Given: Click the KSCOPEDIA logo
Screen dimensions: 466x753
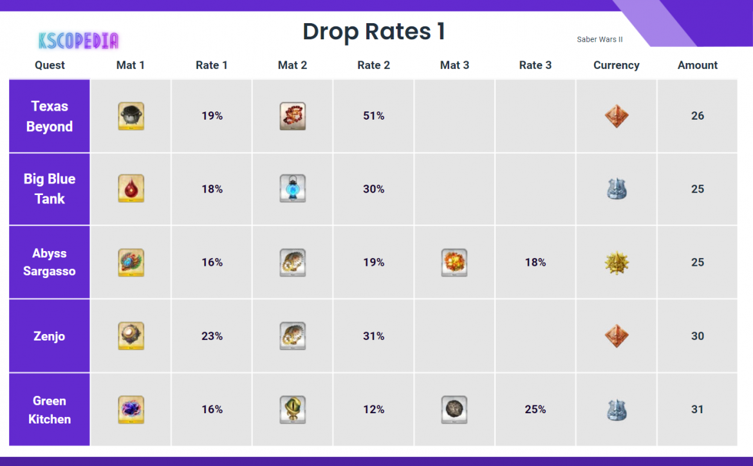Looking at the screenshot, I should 79,41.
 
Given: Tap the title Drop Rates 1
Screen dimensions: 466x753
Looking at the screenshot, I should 373,32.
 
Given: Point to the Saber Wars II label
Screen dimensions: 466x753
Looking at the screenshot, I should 599,40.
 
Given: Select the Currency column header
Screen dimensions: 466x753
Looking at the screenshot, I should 616,65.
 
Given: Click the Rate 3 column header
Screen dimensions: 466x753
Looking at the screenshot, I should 535,65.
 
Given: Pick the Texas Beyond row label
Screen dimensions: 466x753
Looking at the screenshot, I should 50,116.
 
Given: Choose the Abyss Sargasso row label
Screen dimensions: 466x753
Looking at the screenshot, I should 50,262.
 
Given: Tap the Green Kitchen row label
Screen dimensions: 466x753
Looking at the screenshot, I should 50,409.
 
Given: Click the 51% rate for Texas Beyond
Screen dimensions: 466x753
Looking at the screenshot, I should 373,116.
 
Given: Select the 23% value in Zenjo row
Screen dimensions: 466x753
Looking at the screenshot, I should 212,336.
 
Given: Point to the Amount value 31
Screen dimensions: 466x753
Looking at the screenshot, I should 697,409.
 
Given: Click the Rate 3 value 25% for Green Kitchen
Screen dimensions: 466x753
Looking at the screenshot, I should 535,409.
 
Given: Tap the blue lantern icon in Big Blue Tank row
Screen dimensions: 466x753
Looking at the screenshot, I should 293,189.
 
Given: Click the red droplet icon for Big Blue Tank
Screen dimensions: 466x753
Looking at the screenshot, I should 131,189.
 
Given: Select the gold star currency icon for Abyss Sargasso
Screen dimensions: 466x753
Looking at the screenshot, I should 617,263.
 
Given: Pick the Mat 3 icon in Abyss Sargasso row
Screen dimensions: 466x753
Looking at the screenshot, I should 454,263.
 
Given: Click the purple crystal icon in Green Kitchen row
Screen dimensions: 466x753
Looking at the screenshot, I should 131,409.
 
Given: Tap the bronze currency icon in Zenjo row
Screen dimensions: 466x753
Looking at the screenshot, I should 617,336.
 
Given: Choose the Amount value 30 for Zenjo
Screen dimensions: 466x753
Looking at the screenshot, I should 697,336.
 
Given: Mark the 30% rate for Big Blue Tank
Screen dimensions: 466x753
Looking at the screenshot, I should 373,189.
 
